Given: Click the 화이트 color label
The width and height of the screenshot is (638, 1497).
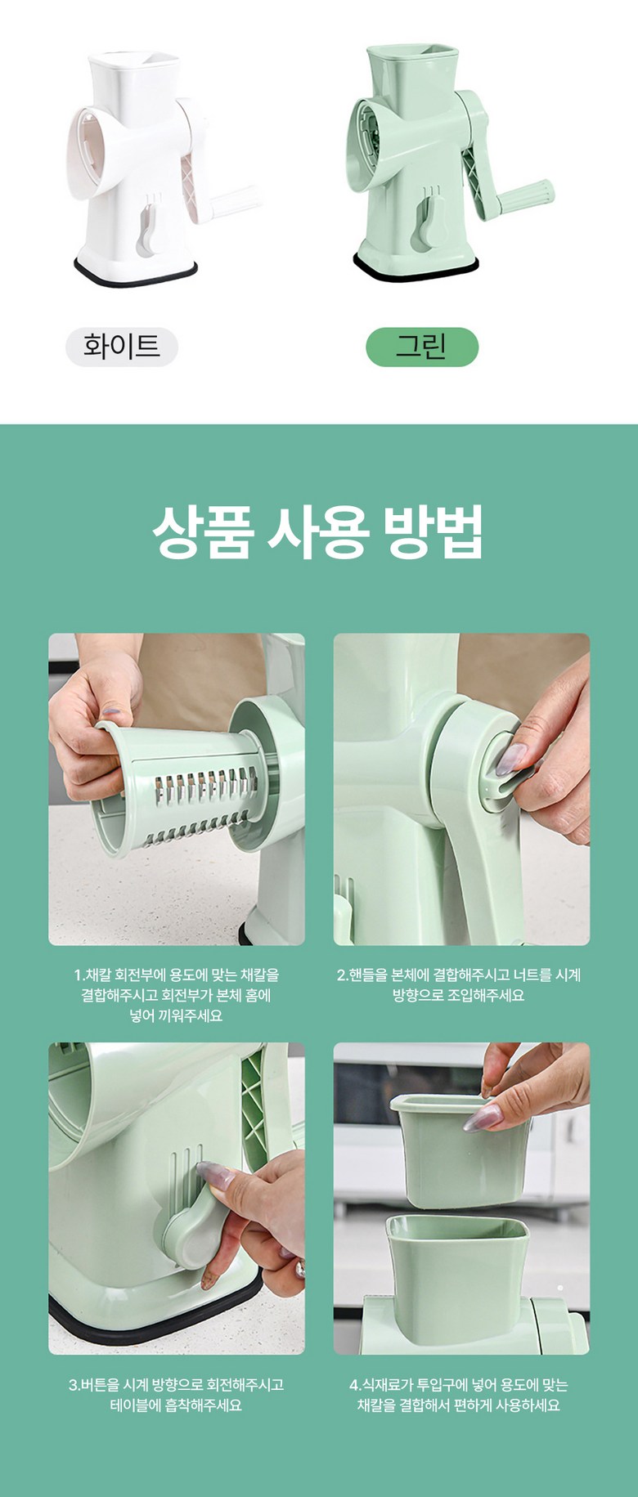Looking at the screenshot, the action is [122, 347].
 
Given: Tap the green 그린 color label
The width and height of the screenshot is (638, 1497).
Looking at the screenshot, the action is [421, 347].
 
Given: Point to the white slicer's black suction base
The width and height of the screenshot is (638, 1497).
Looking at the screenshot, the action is [136, 273].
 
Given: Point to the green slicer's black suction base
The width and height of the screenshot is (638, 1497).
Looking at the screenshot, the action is [417, 267].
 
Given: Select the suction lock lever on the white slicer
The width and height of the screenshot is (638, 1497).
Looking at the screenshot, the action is [149, 229].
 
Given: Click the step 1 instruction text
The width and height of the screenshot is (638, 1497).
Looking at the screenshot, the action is [177, 995].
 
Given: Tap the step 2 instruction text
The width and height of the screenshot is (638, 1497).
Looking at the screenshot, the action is [459, 985].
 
